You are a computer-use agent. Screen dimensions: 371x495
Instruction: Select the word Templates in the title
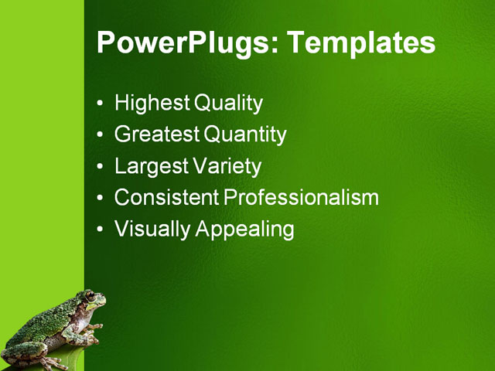coord(361,43)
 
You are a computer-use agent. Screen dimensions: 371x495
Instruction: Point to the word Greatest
coord(157,135)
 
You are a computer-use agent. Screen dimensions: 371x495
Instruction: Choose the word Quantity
coord(245,135)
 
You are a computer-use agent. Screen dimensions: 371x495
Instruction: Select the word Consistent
coord(166,198)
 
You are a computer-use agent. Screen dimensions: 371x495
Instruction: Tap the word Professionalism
coord(302,198)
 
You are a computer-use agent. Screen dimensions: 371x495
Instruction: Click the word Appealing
coord(244,230)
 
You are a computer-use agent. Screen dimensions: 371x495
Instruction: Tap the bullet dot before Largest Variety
coord(101,167)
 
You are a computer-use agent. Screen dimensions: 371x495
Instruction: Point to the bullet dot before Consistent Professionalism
coord(101,199)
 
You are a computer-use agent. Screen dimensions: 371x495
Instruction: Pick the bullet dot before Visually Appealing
coord(101,230)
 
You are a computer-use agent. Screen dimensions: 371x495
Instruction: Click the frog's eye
coord(90,297)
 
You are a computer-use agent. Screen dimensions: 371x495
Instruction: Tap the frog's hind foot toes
coord(54,362)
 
